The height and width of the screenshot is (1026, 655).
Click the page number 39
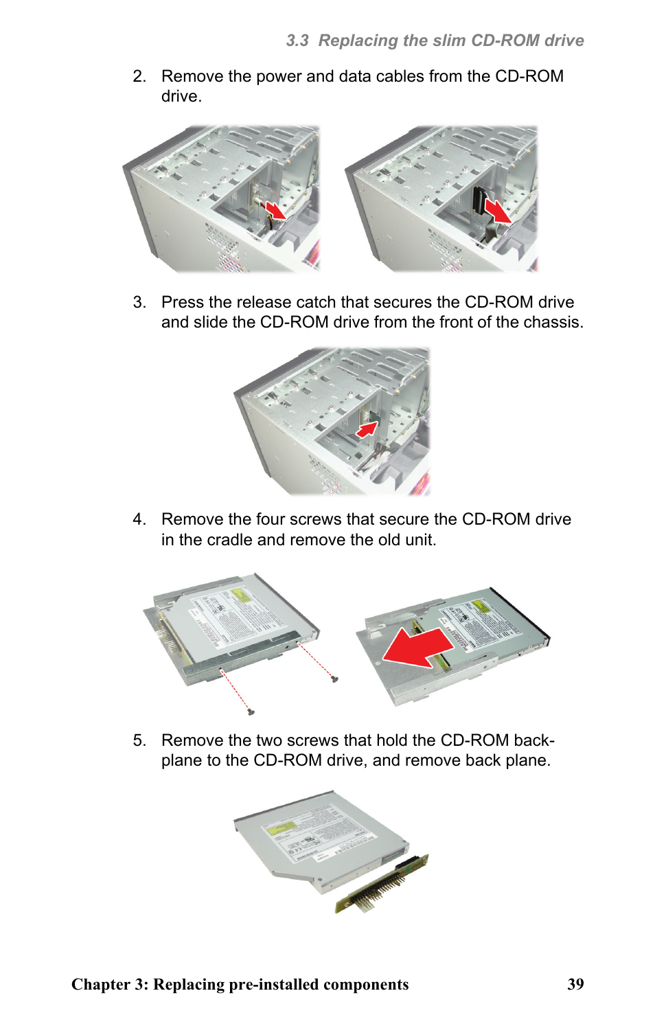tap(575, 984)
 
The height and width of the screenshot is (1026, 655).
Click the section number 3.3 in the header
tap(297, 41)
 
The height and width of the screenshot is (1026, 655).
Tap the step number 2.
tap(139, 76)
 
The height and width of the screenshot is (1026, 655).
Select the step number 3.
tap(139, 302)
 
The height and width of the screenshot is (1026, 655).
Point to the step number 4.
tap(139, 519)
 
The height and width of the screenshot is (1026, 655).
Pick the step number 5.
tap(139, 740)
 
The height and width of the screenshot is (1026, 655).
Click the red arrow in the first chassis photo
tap(275, 210)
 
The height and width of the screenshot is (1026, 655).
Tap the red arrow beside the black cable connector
tap(497, 210)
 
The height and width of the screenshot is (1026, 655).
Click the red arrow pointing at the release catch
tap(367, 429)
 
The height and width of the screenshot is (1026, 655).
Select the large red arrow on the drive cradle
tap(417, 648)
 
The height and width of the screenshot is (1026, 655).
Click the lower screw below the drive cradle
tap(251, 711)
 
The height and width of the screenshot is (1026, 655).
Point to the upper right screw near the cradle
tap(334, 679)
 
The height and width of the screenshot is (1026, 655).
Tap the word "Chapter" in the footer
tap(101, 984)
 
